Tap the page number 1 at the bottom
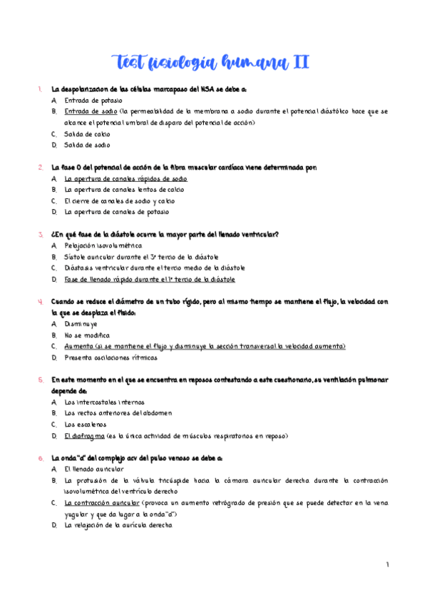pyautogui.click(x=387, y=565)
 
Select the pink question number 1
pyautogui.click(x=40, y=90)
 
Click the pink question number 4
pyautogui.click(x=40, y=301)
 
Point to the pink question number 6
pyautogui.click(x=40, y=458)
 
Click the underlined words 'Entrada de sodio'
pyautogui.click(x=91, y=112)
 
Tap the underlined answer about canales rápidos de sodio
pyautogui.click(x=125, y=178)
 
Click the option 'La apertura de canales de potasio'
pyautogui.click(x=117, y=212)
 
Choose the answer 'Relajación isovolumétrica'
pyautogui.click(x=103, y=245)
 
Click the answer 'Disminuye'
pyautogui.click(x=81, y=323)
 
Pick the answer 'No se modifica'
pyautogui.click(x=87, y=335)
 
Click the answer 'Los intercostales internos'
pyautogui.click(x=103, y=402)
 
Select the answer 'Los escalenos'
pyautogui.click(x=86, y=424)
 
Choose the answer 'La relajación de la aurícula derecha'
pyautogui.click(x=118, y=525)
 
